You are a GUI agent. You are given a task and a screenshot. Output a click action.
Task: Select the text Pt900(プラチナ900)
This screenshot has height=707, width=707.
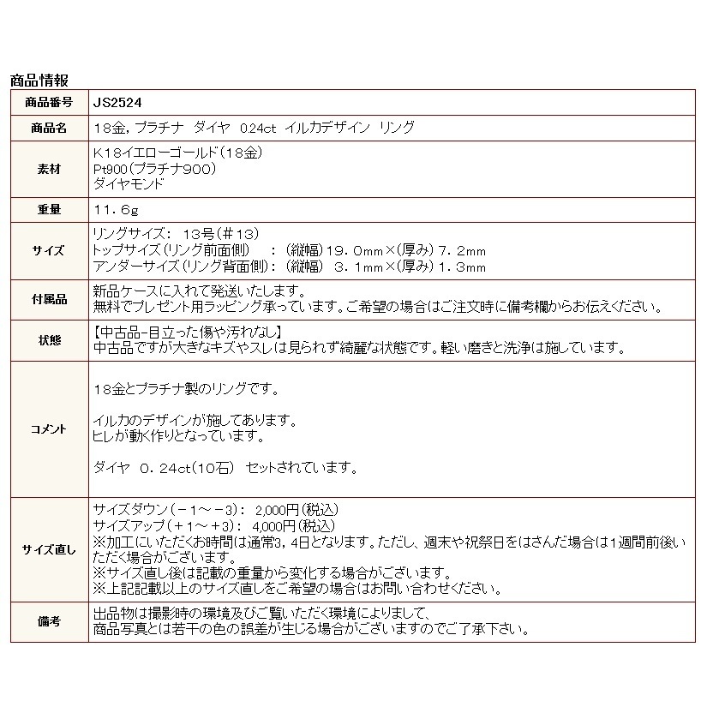click(x=153, y=169)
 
